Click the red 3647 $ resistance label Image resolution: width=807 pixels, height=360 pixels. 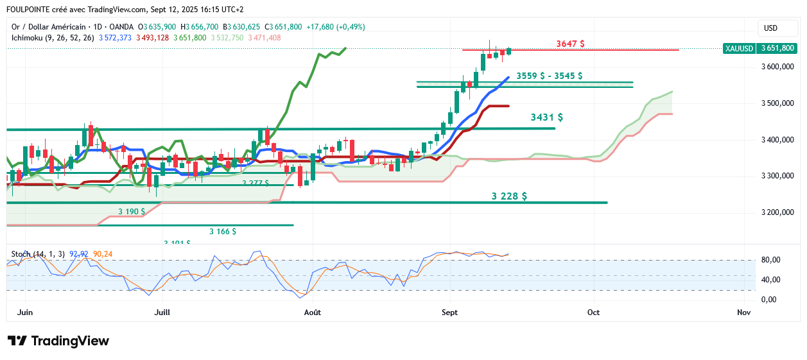tap(570, 44)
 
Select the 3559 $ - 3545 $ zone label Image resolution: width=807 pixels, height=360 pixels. tap(550, 76)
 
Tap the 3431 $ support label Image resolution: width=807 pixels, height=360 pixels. tap(547, 117)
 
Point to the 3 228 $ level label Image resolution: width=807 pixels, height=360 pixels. tap(509, 196)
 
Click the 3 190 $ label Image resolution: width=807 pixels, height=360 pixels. tap(132, 211)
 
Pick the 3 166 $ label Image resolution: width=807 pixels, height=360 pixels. tap(223, 231)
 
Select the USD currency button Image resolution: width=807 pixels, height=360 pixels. tap(770, 28)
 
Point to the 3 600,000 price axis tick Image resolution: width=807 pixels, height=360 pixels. tap(778, 67)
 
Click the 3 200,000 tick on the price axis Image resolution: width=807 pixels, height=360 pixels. tap(778, 212)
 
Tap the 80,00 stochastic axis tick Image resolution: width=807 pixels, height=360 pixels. tap(770, 260)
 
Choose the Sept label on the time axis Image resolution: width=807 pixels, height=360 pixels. tap(450, 313)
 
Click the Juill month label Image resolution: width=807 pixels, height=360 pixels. tap(163, 313)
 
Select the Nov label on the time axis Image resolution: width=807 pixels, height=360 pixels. tap(744, 313)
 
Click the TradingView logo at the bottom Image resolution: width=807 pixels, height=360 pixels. tap(58, 341)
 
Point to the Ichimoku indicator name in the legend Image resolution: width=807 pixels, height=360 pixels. tap(30, 38)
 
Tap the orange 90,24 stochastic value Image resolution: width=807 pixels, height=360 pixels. tap(103, 254)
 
